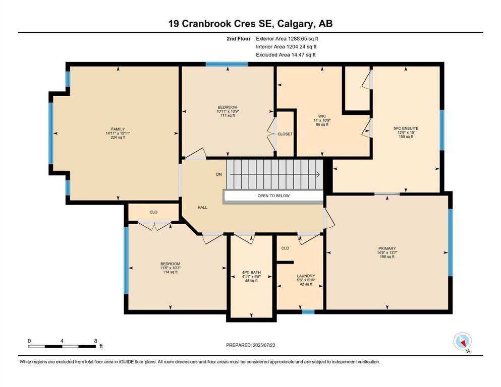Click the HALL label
tap(202, 207)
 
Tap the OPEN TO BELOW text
tap(273, 196)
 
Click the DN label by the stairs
tap(218, 174)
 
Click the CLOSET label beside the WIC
tap(285, 134)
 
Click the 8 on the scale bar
tap(96, 341)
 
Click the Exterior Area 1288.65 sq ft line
tap(287, 38)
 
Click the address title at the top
tap(250, 23)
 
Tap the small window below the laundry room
tap(308, 312)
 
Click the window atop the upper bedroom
tap(227, 64)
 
